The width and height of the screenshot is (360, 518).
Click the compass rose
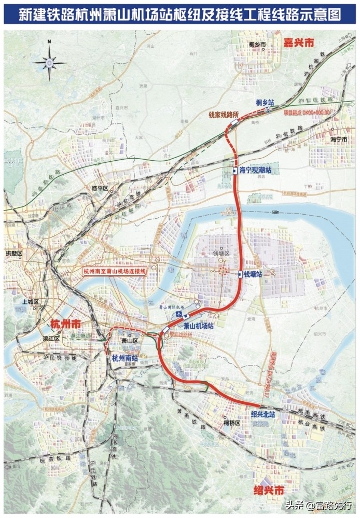pos(49,62)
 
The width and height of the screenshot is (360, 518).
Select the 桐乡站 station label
pos(266,103)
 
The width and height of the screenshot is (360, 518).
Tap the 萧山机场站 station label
pos(199,326)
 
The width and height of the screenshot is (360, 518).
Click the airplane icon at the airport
pos(178,315)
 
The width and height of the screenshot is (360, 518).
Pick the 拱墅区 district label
pos(15,253)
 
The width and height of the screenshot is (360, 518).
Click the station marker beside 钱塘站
pos(240,274)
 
